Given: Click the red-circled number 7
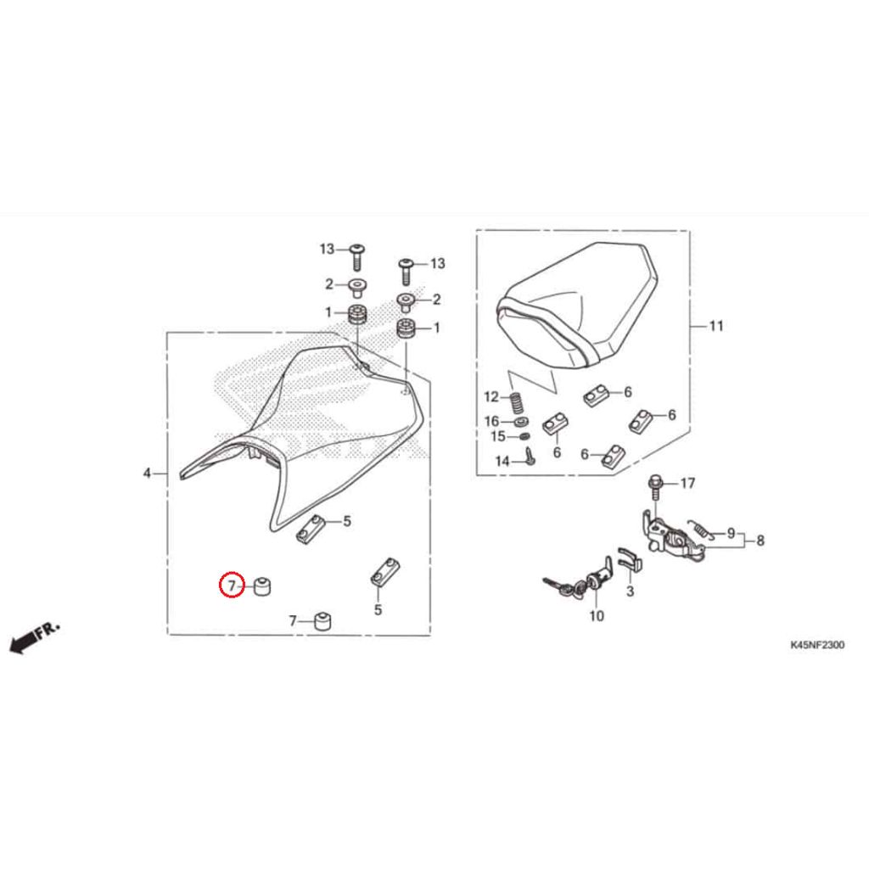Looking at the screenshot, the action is click(232, 586).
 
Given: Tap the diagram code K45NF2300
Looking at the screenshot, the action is click(817, 645).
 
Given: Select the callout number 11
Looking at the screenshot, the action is click(716, 326).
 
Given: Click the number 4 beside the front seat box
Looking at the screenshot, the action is click(147, 474).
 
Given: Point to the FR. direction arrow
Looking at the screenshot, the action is click(34, 638).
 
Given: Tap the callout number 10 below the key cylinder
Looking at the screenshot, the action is click(597, 616).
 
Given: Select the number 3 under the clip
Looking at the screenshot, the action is click(631, 591).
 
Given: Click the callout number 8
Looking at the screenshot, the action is click(760, 541).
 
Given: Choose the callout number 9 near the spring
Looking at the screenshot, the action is click(731, 533).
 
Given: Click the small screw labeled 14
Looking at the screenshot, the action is click(530, 457).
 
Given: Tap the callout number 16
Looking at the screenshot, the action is click(491, 421).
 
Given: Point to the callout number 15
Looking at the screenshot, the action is click(498, 437).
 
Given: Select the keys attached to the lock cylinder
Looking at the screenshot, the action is click(560, 587).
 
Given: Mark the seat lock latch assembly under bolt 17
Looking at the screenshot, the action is click(673, 535).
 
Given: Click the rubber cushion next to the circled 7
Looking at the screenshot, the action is click(262, 586).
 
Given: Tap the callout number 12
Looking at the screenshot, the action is click(491, 397).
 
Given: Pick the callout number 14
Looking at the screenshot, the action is click(502, 461).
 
